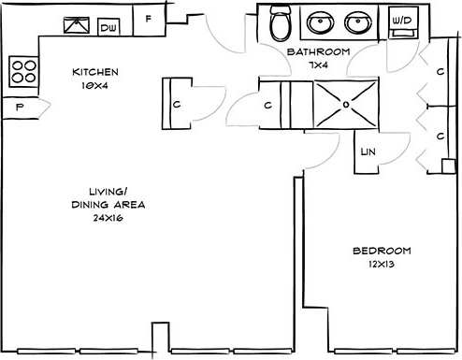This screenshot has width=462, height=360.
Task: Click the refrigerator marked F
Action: coord(149,20)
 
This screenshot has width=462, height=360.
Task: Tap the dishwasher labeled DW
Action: coord(109,27)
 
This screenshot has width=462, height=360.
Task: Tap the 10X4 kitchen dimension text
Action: coord(94,85)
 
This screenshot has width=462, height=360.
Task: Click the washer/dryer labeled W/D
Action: coord(402,22)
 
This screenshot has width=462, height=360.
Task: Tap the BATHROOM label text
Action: coord(318,52)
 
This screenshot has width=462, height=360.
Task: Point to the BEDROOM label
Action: coord(382,251)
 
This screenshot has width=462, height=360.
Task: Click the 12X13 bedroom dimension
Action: coord(382,265)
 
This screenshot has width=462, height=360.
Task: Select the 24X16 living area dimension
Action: coord(108,218)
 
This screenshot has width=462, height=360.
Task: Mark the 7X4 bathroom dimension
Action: coord(318,65)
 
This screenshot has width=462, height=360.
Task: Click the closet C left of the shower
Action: coord(271,105)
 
